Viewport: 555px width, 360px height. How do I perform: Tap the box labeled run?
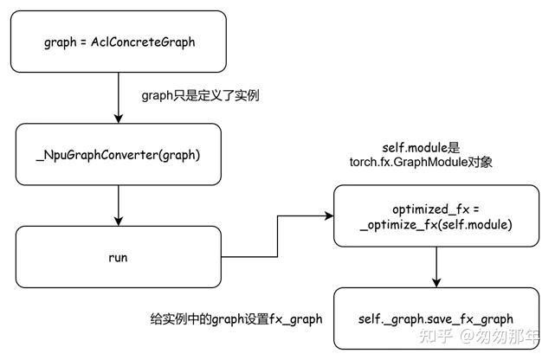tap(118, 257)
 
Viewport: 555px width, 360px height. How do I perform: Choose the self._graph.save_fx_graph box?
tap(441, 319)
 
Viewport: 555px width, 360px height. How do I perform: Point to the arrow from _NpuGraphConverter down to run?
tap(118, 204)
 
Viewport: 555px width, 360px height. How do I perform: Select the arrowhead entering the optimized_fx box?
tap(328, 216)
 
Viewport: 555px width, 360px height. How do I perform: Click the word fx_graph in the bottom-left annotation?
tap(296, 319)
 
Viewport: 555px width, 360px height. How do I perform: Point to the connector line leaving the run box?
tap(251, 257)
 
